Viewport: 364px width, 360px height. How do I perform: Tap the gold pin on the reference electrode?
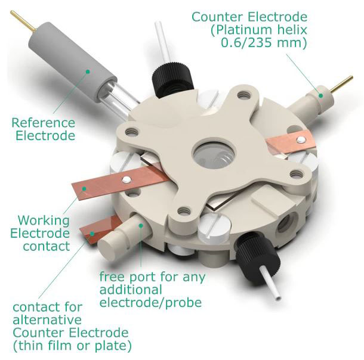point(23,21)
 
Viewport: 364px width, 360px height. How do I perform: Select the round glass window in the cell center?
point(214,154)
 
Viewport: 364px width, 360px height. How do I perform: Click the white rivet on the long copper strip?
point(127,179)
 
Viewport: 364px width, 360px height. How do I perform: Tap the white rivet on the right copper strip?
point(301,139)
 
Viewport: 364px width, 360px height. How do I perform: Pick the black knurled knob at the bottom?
point(257,255)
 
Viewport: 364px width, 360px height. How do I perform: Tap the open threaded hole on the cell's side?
point(286,224)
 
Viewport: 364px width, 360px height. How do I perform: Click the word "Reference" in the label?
point(44,123)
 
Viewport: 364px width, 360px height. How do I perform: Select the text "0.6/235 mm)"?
point(264,43)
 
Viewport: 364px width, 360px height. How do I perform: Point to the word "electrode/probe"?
point(150,302)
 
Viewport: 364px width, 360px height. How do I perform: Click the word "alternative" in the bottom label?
point(47,320)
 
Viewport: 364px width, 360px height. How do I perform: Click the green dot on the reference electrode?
point(88,72)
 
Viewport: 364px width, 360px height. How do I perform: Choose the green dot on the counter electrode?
point(320,95)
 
